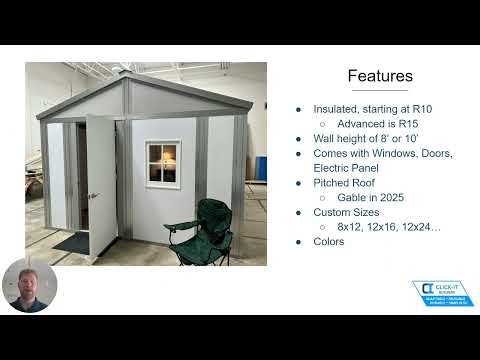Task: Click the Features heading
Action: [x=379, y=76]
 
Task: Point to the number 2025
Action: [x=395, y=197]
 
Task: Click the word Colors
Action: [x=329, y=242]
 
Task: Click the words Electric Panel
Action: [x=346, y=168]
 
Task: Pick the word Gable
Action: [x=350, y=197]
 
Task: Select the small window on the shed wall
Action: [x=162, y=162]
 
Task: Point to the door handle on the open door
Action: [x=92, y=196]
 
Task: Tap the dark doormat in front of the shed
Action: [x=72, y=241]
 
